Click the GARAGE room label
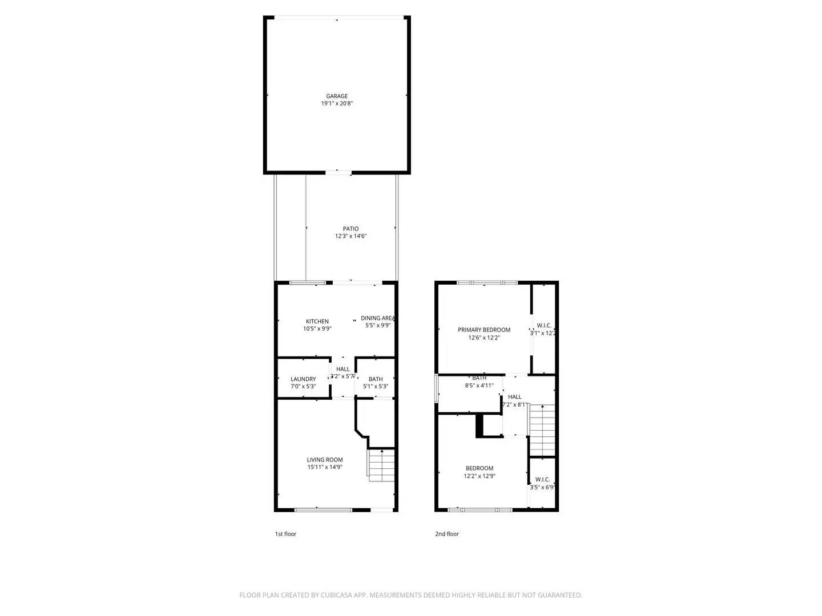pos(337,96)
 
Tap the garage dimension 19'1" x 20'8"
pos(337,104)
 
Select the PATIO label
pos(350,229)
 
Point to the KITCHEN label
pos(317,321)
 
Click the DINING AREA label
pos(378,318)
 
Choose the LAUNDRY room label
pos(303,379)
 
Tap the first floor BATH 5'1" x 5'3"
pos(376,383)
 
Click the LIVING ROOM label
pos(325,460)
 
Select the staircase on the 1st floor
pos(381,465)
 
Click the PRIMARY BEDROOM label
pos(484,330)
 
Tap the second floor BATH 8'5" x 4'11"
pos(479,382)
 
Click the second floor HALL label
pos(514,397)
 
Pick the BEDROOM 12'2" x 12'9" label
pos(479,468)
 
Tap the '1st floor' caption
pos(286,534)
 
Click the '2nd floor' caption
pos(447,534)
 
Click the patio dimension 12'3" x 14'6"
pos(350,236)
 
